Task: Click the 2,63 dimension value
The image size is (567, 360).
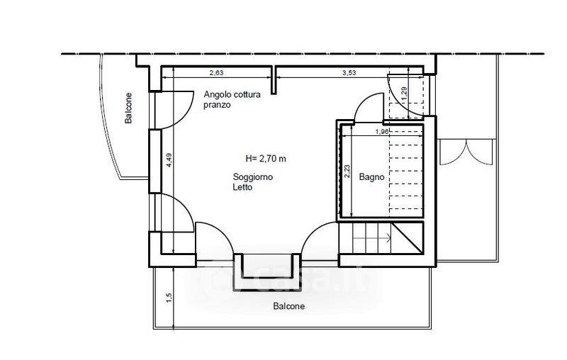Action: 216,73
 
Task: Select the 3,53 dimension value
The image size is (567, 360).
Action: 349,73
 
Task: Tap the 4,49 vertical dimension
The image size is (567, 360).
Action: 169,160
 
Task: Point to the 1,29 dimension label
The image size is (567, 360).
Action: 404,94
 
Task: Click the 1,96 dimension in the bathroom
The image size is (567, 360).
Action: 382,132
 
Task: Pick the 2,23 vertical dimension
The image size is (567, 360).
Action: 347,171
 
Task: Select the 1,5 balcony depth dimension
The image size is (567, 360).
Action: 169,298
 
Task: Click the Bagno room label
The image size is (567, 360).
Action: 371,176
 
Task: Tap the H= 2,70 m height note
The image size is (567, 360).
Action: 266,158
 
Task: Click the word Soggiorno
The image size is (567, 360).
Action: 253,177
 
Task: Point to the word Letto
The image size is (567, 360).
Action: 242,187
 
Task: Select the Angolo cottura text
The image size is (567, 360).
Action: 232,95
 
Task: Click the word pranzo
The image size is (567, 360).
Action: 217,105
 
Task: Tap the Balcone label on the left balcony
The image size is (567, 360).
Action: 128,108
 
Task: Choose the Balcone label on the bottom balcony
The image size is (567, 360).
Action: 289,307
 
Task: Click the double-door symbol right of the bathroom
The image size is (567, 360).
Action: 466,152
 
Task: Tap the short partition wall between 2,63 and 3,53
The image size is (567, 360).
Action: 274,80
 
